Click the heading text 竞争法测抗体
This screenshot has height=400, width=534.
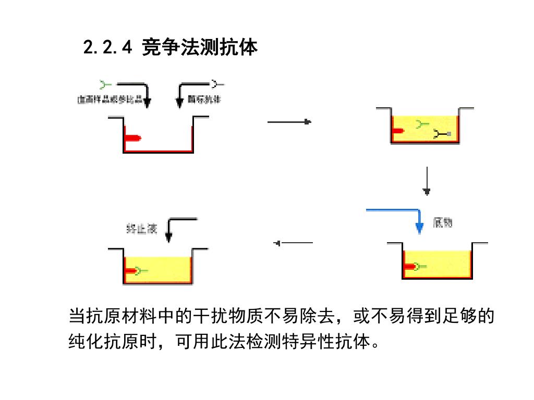200,47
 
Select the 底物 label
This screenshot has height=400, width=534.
442,223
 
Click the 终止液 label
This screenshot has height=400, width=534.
141,228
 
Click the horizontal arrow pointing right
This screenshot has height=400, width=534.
289,122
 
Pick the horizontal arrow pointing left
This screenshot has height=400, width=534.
294,243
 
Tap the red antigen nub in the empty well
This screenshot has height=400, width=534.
132,138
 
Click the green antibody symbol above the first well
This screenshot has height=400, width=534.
105,83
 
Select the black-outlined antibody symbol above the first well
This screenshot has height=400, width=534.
217,83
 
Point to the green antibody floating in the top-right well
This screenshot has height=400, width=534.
421,124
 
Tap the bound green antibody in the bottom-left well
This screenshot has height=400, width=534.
141,271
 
